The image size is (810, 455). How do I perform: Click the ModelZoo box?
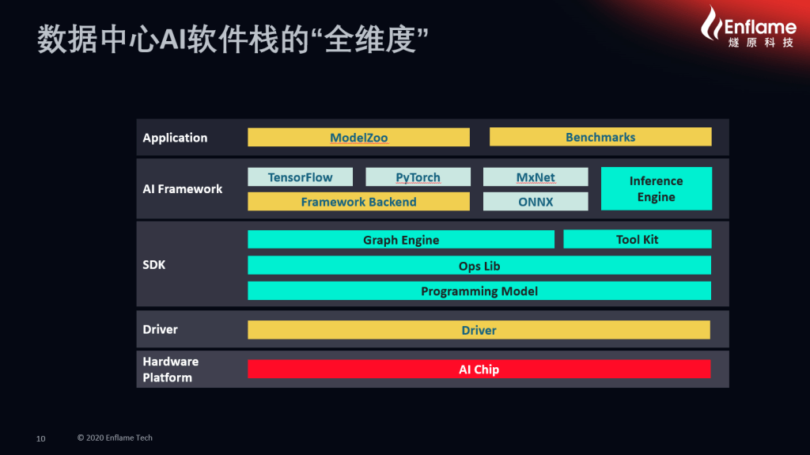(358, 137)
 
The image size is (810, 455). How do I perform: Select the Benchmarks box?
(600, 137)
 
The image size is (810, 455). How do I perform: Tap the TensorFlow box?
(300, 176)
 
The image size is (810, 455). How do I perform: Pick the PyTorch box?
(418, 176)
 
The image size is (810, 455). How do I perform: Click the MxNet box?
(536, 176)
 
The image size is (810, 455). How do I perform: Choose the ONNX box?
(536, 202)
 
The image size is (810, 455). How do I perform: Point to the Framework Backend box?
(358, 202)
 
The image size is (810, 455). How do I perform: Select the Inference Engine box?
(656, 188)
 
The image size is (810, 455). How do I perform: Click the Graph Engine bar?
(401, 240)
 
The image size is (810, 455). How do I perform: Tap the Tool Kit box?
(637, 240)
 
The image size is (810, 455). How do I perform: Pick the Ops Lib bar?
(479, 265)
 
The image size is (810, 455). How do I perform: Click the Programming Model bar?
(479, 290)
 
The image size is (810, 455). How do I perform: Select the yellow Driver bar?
(479, 330)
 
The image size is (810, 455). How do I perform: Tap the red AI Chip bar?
(479, 370)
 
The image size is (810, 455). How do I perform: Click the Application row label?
(175, 138)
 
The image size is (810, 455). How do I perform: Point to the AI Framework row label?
(183, 188)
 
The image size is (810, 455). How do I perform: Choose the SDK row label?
(154, 265)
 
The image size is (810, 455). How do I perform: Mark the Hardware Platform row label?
(171, 370)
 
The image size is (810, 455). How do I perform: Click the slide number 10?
(41, 438)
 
